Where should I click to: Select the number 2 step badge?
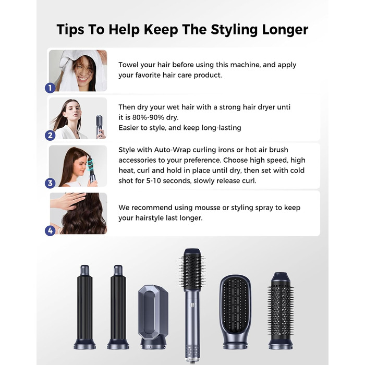[50, 136]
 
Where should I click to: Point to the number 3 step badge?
[50, 182]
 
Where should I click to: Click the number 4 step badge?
[50, 230]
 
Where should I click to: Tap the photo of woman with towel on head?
[78, 70]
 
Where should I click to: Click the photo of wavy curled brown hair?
[78, 214]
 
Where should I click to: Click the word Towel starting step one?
[130, 65]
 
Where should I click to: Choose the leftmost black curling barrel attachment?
[84, 305]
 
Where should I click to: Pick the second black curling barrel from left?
[118, 305]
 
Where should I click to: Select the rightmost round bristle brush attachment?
[282, 308]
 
